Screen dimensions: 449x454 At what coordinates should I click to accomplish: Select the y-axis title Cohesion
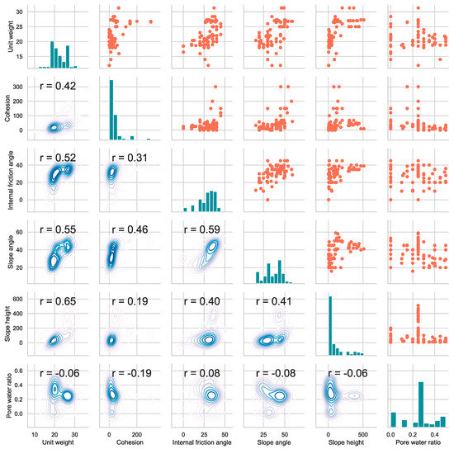click(8, 109)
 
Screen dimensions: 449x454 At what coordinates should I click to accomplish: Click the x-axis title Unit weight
click(60, 442)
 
